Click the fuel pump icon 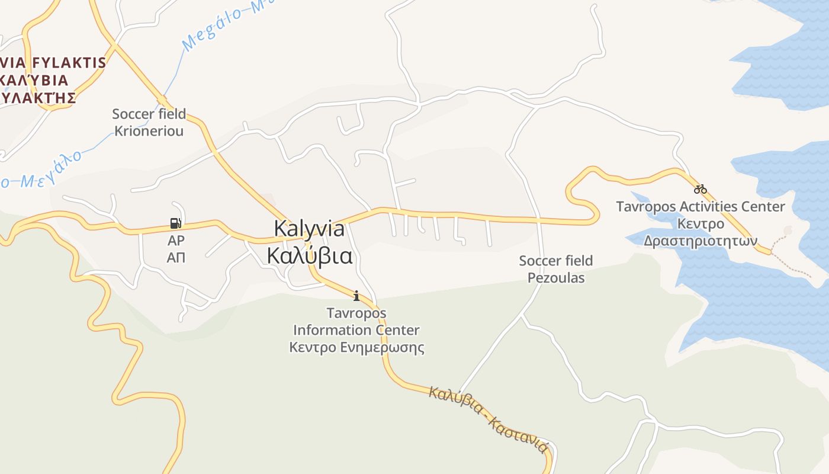175,223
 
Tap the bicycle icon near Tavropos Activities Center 701,189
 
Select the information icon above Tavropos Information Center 356,295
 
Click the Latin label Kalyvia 309,229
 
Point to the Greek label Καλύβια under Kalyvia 309,256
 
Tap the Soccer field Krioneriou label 149,122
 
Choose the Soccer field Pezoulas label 555,269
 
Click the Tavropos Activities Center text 701,207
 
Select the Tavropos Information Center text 356,321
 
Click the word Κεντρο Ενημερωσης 356,347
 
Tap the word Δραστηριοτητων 701,241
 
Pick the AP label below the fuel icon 176,241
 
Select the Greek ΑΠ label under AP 176,257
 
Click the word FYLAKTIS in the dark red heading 70,63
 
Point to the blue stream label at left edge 41,172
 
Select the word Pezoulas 555,278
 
